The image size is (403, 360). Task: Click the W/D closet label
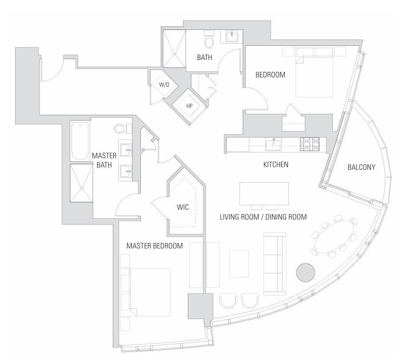click(x=164, y=84)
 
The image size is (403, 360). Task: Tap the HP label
click(x=189, y=106)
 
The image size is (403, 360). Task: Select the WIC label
click(x=183, y=207)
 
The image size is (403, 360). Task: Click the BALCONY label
click(x=361, y=167)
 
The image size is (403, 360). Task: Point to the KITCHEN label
click(x=276, y=164)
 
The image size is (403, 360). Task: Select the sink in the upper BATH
click(x=232, y=36)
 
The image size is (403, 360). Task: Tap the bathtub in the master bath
click(x=80, y=141)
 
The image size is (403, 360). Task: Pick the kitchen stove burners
click(x=310, y=144)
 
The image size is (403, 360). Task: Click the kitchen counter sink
click(x=273, y=144)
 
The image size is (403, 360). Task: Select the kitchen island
click(x=264, y=194)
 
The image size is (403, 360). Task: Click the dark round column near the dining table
click(x=305, y=272)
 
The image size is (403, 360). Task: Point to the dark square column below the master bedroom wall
click(x=200, y=306)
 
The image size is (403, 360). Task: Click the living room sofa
click(x=275, y=264)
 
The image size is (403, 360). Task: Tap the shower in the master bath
click(x=81, y=183)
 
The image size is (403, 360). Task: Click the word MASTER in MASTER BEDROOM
click(x=139, y=246)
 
